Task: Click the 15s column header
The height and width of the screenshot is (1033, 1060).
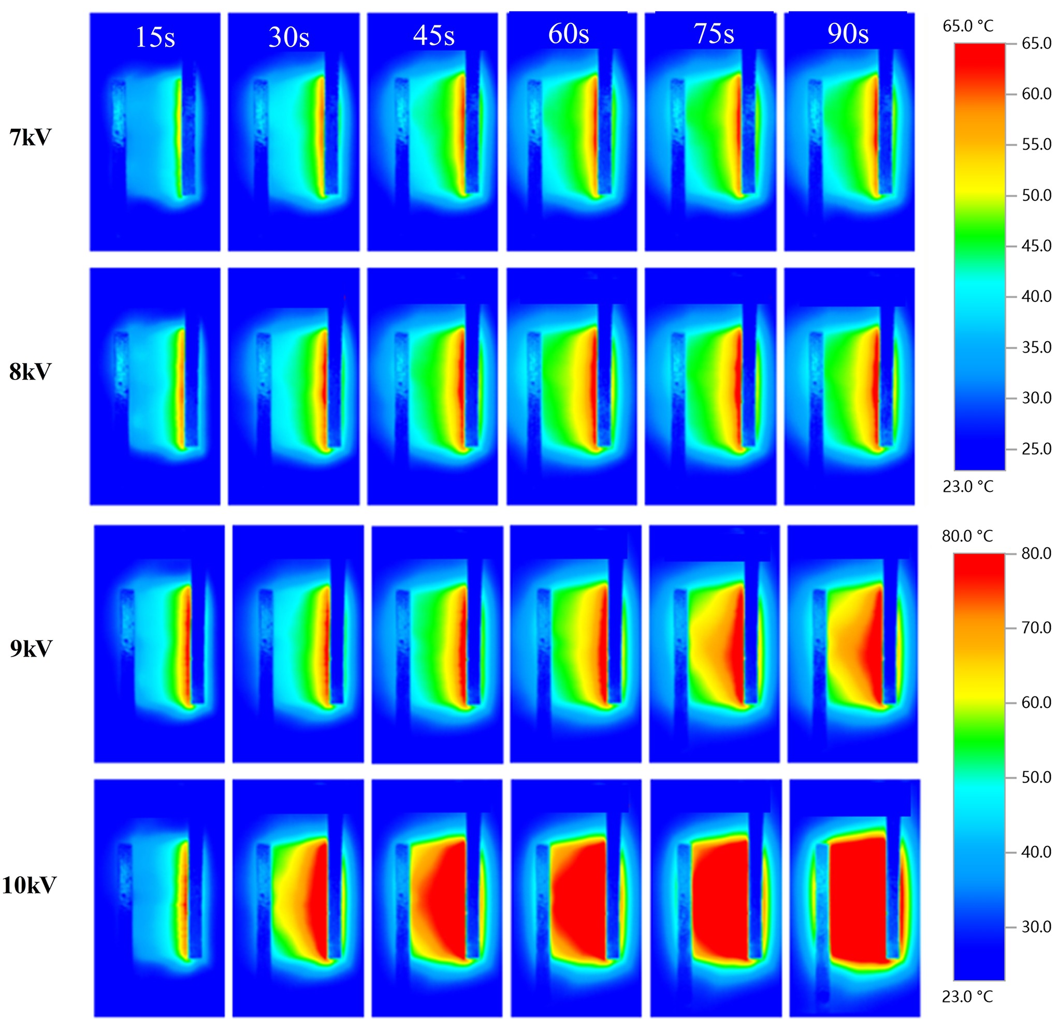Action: click(155, 37)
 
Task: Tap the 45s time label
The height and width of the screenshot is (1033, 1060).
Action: click(433, 35)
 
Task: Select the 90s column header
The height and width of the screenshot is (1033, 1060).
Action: click(848, 34)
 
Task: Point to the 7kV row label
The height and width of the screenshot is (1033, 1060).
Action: click(31, 137)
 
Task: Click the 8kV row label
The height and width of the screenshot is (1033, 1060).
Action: click(31, 372)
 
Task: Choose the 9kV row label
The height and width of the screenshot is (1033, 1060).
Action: click(31, 648)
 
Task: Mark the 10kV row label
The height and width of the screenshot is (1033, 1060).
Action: click(30, 885)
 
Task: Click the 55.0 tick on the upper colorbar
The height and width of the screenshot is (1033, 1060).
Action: click(1036, 144)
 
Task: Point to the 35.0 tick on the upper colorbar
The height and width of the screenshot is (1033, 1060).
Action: click(1036, 347)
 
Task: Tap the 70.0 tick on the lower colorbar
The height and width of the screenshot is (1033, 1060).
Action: click(1036, 628)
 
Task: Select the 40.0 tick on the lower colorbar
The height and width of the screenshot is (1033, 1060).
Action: click(1036, 852)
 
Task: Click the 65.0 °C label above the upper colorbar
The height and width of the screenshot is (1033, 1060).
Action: click(968, 26)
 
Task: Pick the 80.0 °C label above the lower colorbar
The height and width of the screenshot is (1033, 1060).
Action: click(967, 536)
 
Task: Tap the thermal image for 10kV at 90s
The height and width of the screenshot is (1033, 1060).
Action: click(854, 898)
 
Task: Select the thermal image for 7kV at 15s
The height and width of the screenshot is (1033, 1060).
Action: click(155, 132)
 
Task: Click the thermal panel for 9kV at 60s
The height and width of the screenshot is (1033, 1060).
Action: click(575, 644)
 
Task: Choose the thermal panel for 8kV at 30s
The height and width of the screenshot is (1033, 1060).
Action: click(294, 386)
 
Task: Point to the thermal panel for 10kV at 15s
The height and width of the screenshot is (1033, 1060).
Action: click(159, 898)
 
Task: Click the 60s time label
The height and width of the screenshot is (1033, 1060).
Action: click(569, 34)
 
